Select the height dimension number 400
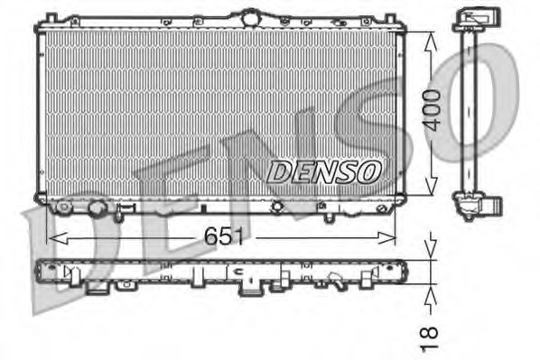434,112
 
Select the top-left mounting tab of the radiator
51,16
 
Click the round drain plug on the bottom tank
97,210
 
